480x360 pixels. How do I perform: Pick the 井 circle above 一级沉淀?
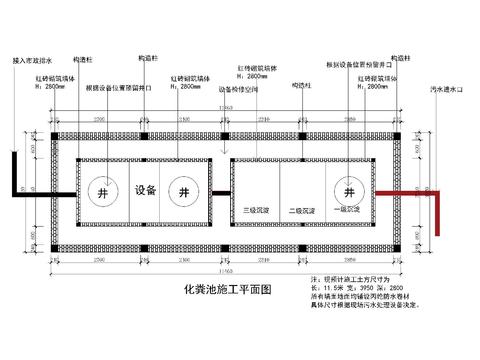pyautogui.click(x=349, y=191)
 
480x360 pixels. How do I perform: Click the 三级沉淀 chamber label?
pyautogui.click(x=258, y=211)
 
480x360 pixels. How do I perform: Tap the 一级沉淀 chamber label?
pyautogui.click(x=345, y=211)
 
